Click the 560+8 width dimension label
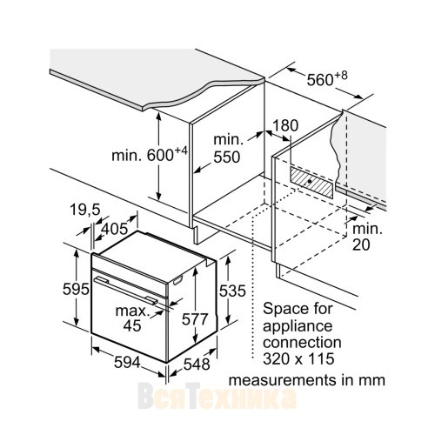click(327, 78)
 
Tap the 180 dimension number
click(285, 126)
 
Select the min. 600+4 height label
click(150, 155)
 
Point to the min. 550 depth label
click(227, 149)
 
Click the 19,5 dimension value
click(84, 210)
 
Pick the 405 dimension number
click(115, 229)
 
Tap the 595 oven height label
click(76, 289)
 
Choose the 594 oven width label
click(127, 362)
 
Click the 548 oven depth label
click(197, 364)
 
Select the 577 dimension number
click(195, 319)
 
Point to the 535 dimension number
click(232, 291)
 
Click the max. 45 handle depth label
click(132, 318)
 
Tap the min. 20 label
click(367, 237)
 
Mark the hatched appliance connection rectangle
click(311, 183)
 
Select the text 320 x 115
click(298, 358)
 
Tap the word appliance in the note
click(298, 326)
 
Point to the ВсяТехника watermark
click(217, 396)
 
